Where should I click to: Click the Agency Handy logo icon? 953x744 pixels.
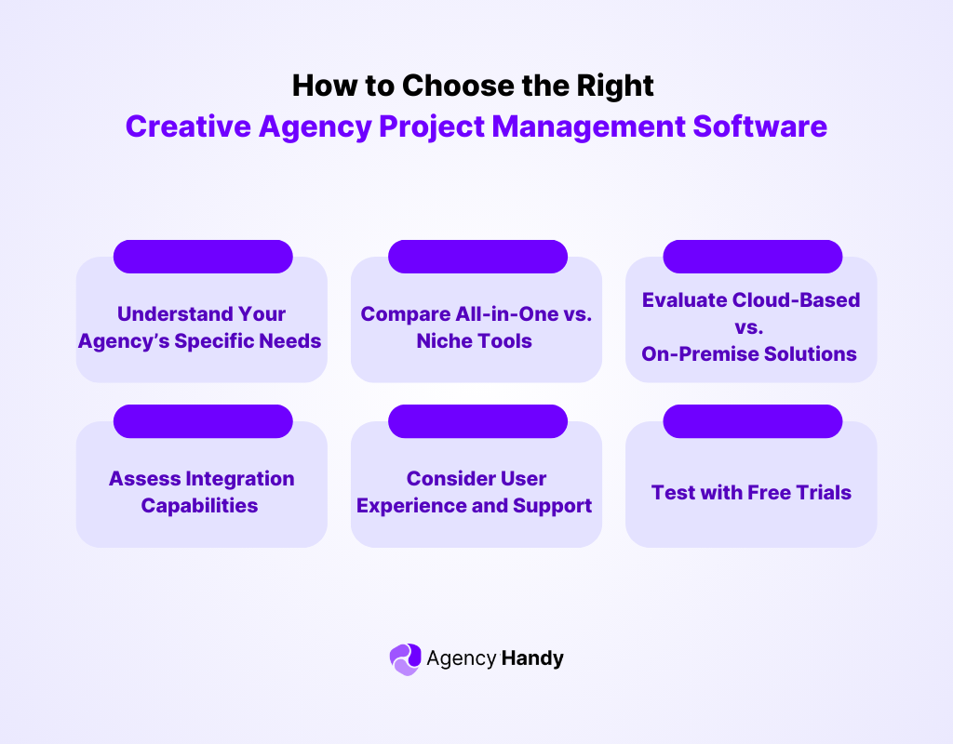pos(405,659)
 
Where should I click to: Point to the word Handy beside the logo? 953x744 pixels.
pos(532,658)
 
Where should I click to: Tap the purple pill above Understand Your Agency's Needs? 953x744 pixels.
pos(203,257)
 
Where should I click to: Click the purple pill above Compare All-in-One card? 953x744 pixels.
pos(477,257)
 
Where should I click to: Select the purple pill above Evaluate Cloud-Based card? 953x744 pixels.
pos(752,257)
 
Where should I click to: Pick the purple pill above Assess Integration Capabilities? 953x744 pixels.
pos(203,421)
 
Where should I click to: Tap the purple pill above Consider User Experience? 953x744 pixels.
pos(477,421)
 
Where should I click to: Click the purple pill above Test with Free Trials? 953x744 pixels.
pos(752,421)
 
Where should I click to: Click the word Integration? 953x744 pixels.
pos(241,479)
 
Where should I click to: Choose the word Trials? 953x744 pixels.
pos(822,492)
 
